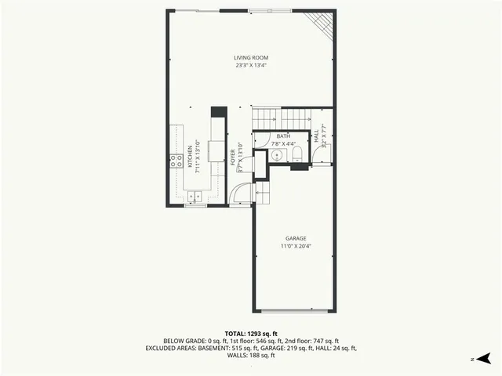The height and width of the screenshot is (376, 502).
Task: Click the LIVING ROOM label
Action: pyautogui.click(x=250, y=57)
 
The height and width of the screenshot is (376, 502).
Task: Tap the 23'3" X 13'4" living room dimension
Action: pyautogui.click(x=250, y=65)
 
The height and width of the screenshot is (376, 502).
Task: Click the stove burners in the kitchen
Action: pyautogui.click(x=175, y=161)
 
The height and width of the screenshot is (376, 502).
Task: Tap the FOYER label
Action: pyautogui.click(x=233, y=157)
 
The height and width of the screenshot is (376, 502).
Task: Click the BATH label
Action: pyautogui.click(x=283, y=136)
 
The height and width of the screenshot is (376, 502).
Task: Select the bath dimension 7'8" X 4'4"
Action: pyautogui.click(x=283, y=144)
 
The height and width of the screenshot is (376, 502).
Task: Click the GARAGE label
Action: pyautogui.click(x=295, y=238)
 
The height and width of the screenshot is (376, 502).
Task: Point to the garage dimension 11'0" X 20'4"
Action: pyautogui.click(x=295, y=246)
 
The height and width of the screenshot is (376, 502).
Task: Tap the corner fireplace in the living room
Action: pyautogui.click(x=322, y=23)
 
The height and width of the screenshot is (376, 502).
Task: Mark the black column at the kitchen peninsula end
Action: pyautogui.click(x=220, y=111)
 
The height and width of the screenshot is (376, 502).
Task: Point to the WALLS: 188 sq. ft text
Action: pyautogui.click(x=250, y=355)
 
